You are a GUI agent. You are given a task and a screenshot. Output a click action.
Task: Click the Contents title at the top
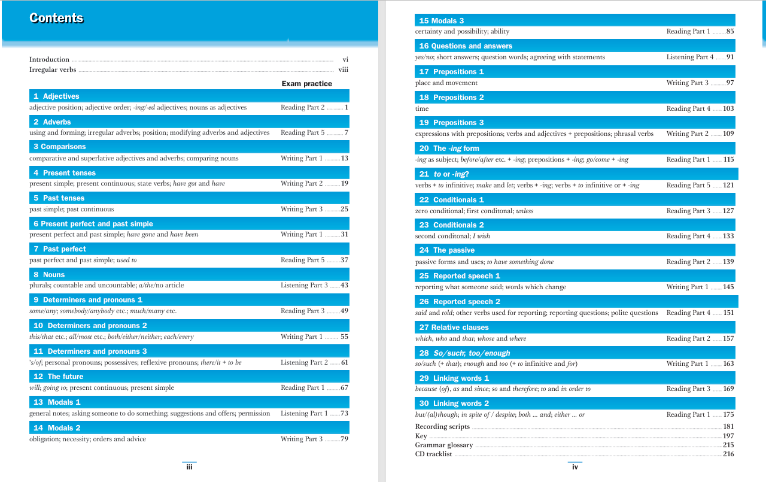(57, 18)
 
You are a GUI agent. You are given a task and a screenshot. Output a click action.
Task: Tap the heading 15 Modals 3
(442, 21)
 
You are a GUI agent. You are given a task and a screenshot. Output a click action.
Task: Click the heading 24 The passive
(447, 250)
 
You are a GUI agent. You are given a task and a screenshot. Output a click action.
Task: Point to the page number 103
(728, 109)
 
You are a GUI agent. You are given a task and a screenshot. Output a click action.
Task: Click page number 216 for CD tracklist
(728, 454)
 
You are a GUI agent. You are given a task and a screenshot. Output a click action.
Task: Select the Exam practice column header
(306, 84)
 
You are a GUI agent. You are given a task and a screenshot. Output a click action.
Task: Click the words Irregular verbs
(53, 70)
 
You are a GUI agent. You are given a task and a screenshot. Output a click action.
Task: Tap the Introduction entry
(49, 60)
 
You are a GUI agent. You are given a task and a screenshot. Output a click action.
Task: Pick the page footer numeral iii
(189, 466)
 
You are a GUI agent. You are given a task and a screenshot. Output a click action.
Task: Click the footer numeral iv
(575, 467)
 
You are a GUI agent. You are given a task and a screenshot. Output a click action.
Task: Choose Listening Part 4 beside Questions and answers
(690, 57)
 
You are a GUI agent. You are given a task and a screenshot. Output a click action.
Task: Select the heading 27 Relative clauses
(454, 328)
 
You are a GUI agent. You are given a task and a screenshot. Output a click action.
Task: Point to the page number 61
(345, 363)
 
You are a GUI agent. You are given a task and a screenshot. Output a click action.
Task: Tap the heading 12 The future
(58, 377)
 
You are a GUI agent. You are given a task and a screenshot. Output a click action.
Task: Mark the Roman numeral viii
(344, 70)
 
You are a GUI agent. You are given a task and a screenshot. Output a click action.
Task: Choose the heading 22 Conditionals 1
(451, 200)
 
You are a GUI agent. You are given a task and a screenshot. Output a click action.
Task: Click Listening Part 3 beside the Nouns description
(304, 286)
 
